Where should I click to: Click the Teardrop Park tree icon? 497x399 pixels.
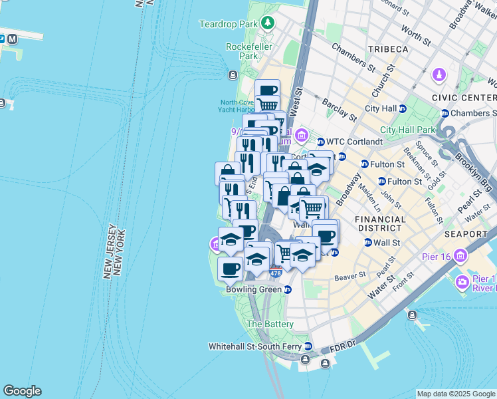[267, 24]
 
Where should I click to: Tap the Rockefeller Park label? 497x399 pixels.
[242, 51]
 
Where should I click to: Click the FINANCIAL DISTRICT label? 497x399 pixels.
[380, 224]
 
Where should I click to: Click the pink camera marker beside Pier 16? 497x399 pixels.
[462, 283]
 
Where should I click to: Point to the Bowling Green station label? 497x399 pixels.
[254, 290]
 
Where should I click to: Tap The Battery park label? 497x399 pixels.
[270, 324]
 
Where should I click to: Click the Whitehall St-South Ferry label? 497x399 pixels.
[255, 346]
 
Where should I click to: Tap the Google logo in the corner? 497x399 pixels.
[22, 391]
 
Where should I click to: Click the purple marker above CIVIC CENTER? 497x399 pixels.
[439, 74]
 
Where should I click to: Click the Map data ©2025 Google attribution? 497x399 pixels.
[456, 394]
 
